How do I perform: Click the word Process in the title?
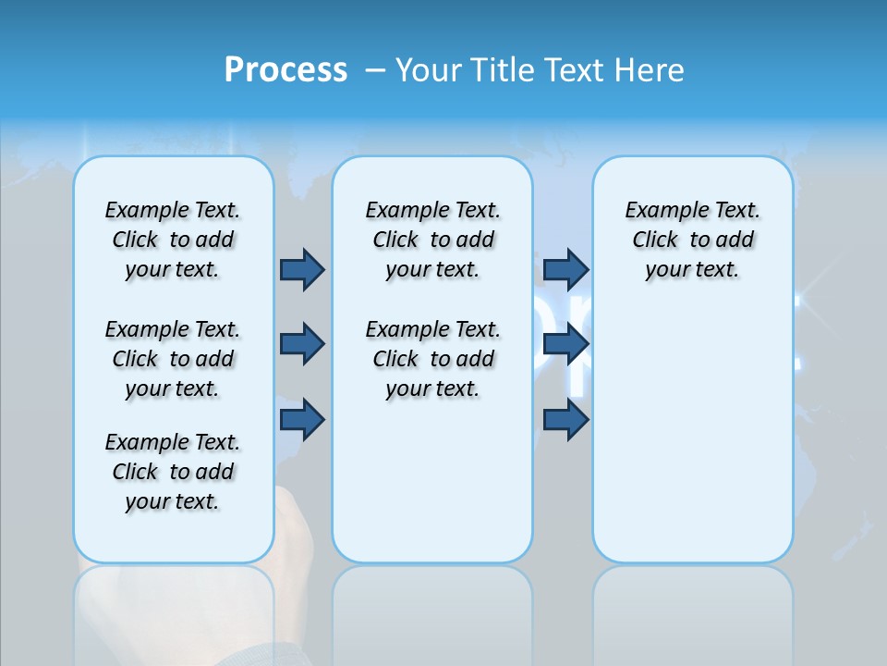(x=286, y=70)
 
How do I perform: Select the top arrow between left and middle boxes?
(x=302, y=270)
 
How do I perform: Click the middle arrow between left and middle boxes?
(x=302, y=345)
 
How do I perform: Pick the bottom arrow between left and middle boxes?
(x=302, y=420)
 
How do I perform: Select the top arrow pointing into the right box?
(x=565, y=270)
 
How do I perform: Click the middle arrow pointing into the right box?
(x=565, y=345)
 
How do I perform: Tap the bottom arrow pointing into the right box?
(x=565, y=420)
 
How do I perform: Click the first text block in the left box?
(x=173, y=240)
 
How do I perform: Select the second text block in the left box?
(x=173, y=359)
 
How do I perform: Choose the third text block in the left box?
(x=173, y=472)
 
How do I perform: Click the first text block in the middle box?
(x=432, y=240)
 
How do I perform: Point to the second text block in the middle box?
(x=432, y=359)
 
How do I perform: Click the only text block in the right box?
(x=692, y=240)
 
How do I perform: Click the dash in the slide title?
(x=375, y=71)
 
